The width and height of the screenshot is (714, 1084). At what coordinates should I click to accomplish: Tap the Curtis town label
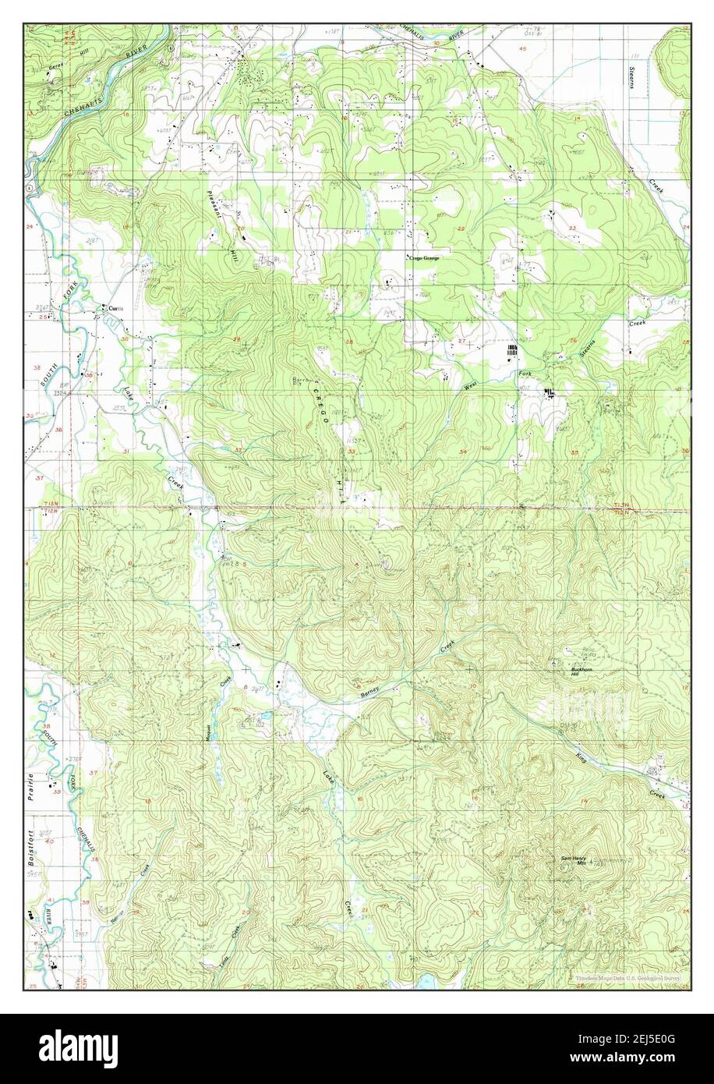click(x=116, y=307)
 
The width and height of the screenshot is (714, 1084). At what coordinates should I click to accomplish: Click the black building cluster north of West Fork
click(x=513, y=352)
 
